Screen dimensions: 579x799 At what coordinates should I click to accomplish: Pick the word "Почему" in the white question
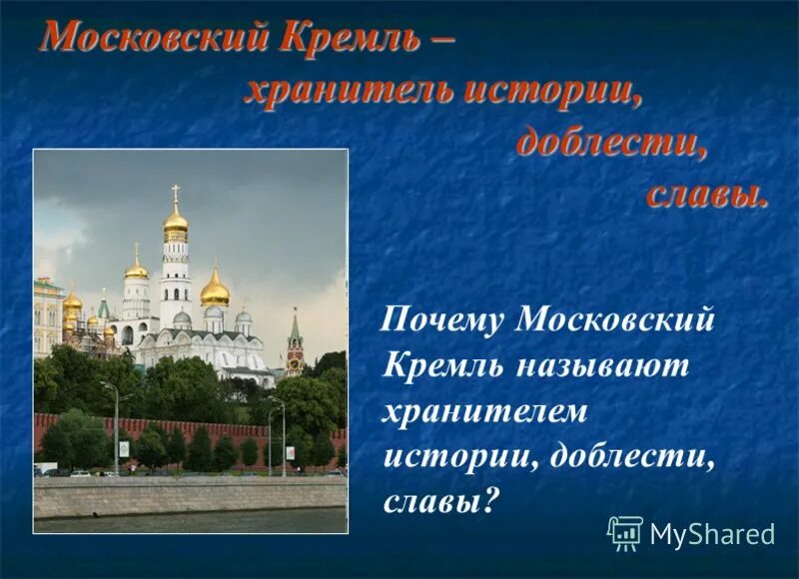[444, 321]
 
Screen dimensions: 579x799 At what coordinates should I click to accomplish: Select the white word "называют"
[602, 365]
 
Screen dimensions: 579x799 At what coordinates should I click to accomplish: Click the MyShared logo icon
[625, 534]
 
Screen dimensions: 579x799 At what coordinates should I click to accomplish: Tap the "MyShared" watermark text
[712, 535]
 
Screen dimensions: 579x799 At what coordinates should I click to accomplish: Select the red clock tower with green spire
[294, 344]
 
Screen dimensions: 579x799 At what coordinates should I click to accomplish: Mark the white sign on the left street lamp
[124, 447]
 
